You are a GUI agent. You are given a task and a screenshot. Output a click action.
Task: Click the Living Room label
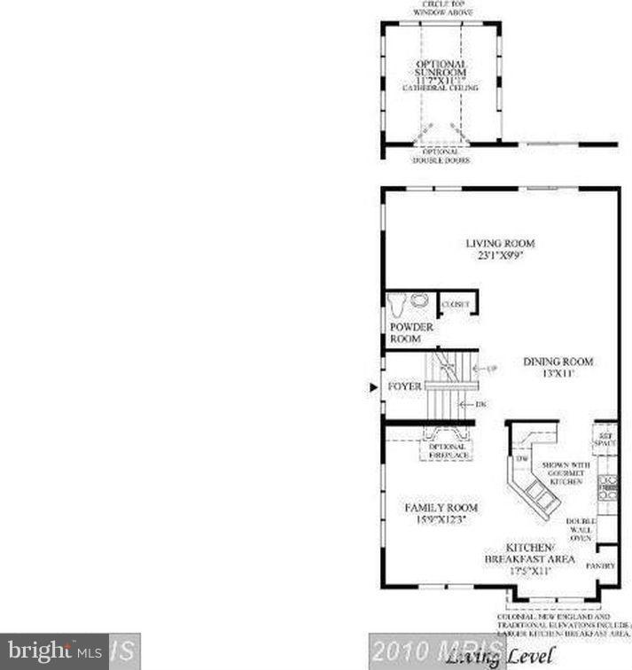pos(501,243)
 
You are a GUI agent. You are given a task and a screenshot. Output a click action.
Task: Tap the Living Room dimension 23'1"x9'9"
pos(501,255)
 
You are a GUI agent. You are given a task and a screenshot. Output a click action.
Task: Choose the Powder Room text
pos(412,333)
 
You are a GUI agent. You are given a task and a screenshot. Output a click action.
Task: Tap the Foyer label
pos(404,387)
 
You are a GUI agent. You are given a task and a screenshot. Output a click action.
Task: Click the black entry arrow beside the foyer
pos(373,387)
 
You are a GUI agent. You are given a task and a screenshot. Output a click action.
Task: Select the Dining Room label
pos(558,362)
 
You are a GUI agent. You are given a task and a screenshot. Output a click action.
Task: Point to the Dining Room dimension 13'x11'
pos(558,374)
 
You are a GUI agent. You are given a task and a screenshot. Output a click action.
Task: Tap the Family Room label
pos(441,508)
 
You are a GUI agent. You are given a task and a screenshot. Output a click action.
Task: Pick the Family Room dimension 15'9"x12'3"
pos(441,520)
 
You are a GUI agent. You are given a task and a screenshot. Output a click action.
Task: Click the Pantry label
pos(605,563)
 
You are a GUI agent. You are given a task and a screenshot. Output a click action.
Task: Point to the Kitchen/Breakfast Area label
pos(529,554)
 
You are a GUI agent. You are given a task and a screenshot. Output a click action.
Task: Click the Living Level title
pos(502,656)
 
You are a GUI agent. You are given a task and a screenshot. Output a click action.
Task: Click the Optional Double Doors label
pos(441,156)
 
